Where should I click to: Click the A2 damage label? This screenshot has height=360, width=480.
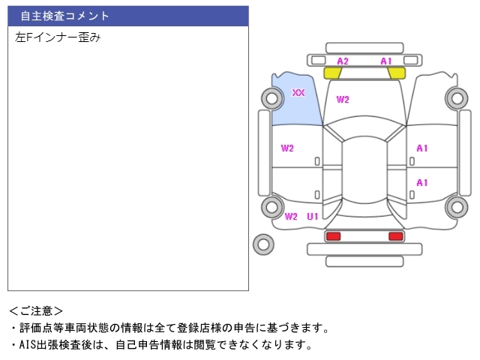click(343, 61)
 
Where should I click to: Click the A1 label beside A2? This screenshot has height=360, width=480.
click(386, 61)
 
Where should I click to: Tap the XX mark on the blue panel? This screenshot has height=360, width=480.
click(298, 93)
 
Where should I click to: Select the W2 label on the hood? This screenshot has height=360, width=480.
click(343, 100)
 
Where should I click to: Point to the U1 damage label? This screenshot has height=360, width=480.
click(313, 217)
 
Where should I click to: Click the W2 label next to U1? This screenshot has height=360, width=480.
click(291, 217)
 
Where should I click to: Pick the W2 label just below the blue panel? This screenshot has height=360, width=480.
click(287, 148)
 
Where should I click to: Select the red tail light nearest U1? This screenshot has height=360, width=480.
click(333, 236)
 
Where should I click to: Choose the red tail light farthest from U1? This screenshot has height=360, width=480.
click(395, 236)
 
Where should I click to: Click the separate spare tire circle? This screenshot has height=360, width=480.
click(263, 243)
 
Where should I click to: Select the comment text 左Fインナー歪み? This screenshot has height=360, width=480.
click(58, 37)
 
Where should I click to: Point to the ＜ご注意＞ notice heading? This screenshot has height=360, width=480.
click(37, 310)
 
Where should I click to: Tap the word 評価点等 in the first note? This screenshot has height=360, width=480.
click(36, 328)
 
